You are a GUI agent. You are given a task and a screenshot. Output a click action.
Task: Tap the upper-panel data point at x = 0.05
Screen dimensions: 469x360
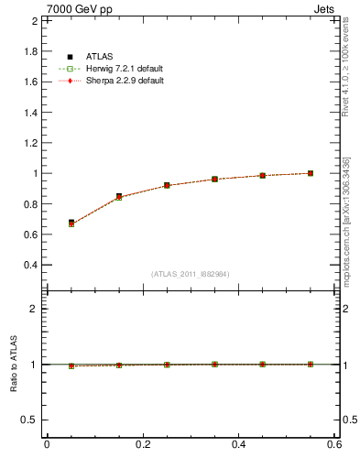tap(71, 223)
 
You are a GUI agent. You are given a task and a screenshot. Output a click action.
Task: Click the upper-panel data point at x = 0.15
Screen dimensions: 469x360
tap(119, 196)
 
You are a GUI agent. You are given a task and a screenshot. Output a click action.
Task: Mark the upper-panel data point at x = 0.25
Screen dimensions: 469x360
tap(167, 185)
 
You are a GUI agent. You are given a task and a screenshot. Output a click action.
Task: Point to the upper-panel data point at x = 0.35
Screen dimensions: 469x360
tap(214, 180)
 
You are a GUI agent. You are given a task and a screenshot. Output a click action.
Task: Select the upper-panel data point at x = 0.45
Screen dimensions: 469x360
tap(262, 175)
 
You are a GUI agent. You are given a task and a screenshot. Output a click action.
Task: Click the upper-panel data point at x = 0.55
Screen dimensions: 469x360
tap(311, 173)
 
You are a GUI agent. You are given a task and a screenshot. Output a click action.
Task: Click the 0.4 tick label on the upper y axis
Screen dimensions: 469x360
tap(31, 265)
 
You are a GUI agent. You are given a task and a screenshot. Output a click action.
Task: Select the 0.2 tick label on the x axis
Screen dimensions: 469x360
tap(143, 444)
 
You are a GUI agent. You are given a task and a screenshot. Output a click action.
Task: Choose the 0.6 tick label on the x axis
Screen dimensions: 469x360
tap(334, 444)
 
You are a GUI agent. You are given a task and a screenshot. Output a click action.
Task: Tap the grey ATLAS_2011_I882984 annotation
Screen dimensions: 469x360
tap(191, 274)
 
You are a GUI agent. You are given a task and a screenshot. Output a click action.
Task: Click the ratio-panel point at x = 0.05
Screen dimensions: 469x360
tap(71, 365)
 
